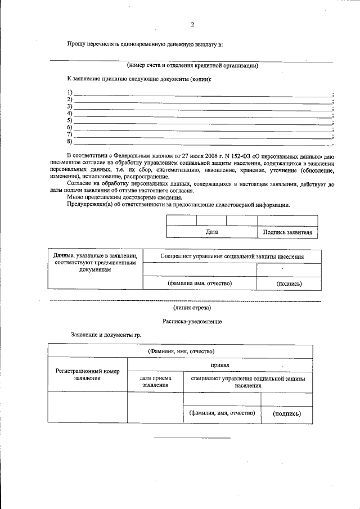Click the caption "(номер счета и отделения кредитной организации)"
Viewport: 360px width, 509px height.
click(193, 65)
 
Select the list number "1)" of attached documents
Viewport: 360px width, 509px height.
click(70, 93)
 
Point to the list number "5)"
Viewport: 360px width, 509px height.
click(70, 120)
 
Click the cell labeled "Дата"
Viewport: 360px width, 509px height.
click(211, 232)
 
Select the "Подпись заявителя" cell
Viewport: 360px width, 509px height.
click(287, 232)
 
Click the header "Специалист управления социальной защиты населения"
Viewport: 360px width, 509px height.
click(232, 256)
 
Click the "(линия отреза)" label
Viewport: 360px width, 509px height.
click(192, 308)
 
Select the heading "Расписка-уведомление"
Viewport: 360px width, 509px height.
click(192, 321)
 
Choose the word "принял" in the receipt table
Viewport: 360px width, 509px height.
click(220, 365)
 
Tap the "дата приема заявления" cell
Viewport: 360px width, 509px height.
click(155, 382)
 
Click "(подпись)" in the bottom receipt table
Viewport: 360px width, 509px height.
click(287, 413)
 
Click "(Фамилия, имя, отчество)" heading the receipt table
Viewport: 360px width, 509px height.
click(181, 351)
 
